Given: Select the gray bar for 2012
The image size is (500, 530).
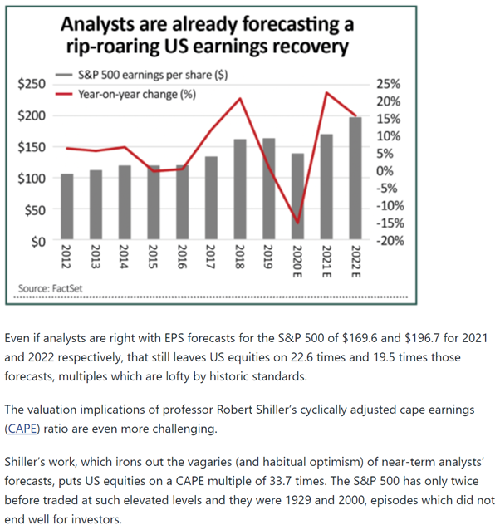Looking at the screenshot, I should point(67,208).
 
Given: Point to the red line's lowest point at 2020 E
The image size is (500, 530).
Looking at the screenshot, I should point(297,223).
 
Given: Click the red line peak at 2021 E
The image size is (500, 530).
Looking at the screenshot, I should point(326,92).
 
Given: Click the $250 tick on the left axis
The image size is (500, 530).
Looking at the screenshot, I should point(32,84).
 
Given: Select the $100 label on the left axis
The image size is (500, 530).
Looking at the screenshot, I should point(32,179).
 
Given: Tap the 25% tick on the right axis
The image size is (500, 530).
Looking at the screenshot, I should point(388,84).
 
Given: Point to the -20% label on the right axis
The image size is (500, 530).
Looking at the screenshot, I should point(389,241).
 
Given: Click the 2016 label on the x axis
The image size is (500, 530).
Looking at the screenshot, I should point(182,258).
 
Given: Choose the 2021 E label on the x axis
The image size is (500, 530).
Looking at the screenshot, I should point(326,264).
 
